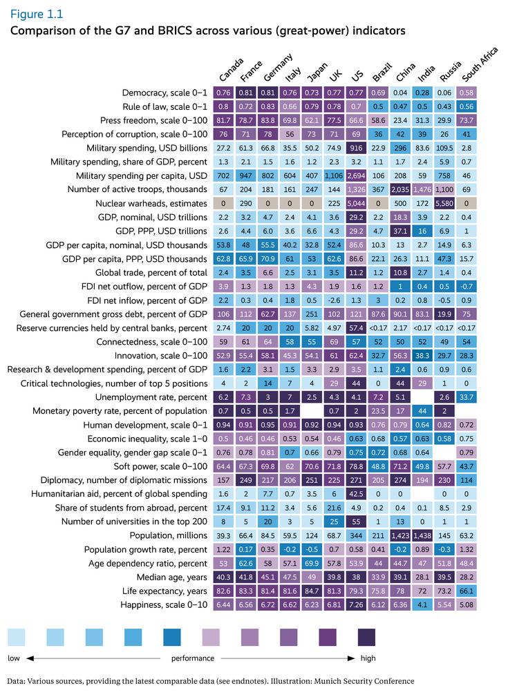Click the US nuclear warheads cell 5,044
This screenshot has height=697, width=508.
click(358, 204)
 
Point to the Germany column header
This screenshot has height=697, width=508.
click(278, 68)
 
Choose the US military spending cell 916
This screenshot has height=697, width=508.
click(358, 148)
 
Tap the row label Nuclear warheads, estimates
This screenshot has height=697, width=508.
click(151, 204)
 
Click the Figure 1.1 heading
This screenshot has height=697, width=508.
click(33, 13)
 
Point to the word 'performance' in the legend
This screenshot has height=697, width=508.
click(192, 658)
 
